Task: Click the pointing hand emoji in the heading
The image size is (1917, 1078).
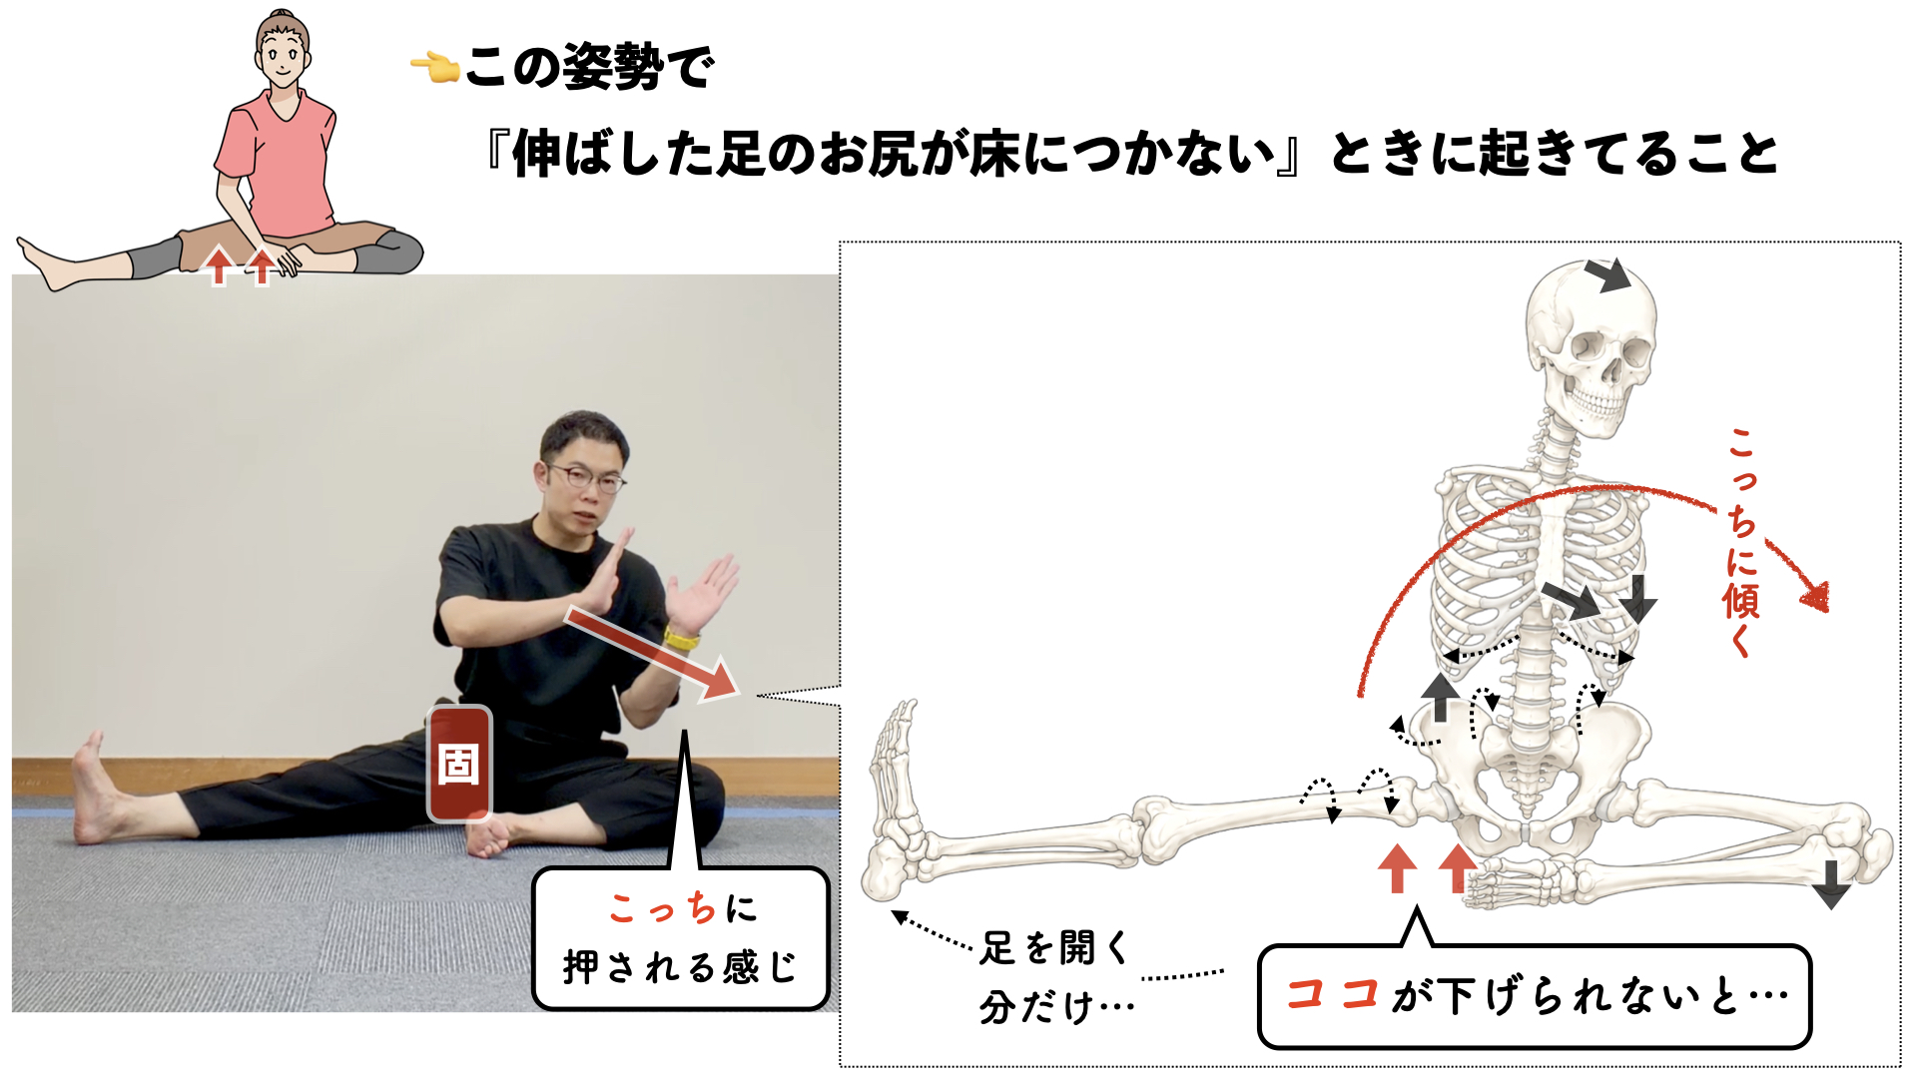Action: click(x=434, y=68)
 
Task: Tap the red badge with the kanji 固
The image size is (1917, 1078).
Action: click(x=459, y=764)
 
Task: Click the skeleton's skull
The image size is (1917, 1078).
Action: click(x=1590, y=345)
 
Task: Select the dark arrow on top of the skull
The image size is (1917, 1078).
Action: click(x=1606, y=274)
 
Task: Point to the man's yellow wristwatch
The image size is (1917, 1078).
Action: click(x=682, y=636)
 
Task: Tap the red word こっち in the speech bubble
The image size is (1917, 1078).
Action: click(x=663, y=908)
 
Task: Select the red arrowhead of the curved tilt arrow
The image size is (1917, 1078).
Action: click(x=1814, y=597)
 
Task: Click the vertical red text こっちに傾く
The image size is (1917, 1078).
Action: click(x=1741, y=543)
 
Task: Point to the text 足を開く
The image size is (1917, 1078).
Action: click(x=1053, y=947)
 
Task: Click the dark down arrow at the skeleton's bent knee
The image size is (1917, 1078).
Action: click(x=1831, y=883)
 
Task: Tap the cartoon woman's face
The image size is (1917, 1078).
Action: click(x=283, y=54)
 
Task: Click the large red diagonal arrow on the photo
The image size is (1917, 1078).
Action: click(x=652, y=652)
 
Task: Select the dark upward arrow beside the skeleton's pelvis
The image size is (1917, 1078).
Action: click(x=1440, y=697)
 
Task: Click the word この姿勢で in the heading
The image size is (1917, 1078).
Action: click(x=590, y=67)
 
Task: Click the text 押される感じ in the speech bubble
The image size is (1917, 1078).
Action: click(x=680, y=967)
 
